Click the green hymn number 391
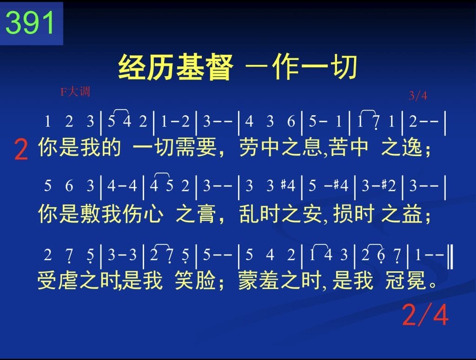pyautogui.click(x=30, y=23)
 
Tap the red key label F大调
pyautogui.click(x=75, y=92)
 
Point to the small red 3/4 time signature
pyautogui.click(x=418, y=96)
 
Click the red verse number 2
pyautogui.click(x=21, y=150)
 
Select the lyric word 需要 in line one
pyautogui.click(x=196, y=147)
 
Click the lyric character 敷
pyautogui.click(x=90, y=214)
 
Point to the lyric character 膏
pyautogui.click(x=205, y=214)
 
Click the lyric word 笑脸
pyautogui.click(x=195, y=280)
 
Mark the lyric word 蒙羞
pyautogui.click(x=258, y=280)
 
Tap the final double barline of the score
pyautogui.click(x=451, y=257)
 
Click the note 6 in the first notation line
pyautogui.click(x=291, y=122)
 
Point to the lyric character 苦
pyautogui.click(x=339, y=147)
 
